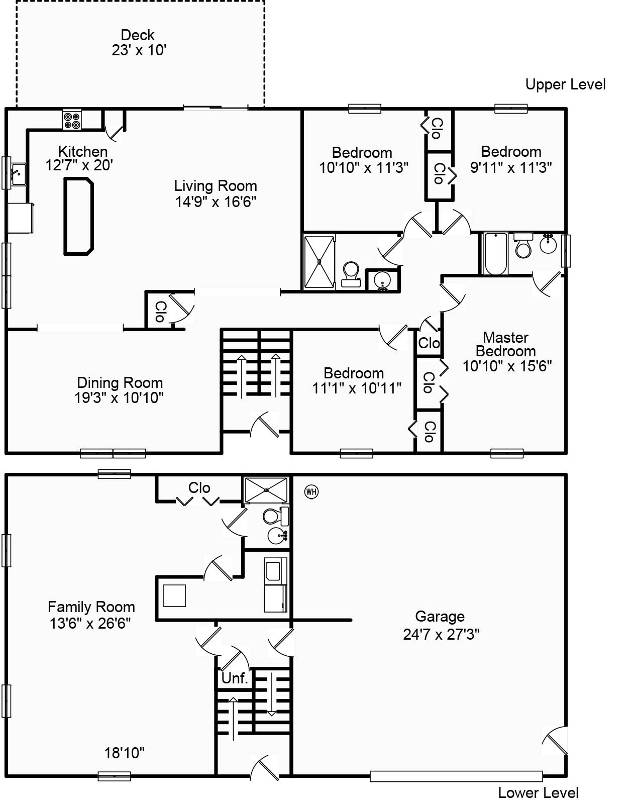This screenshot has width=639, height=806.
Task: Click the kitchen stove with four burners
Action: click(71, 120)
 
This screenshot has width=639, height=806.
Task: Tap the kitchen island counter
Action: click(78, 217)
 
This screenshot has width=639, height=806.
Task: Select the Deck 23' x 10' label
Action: click(138, 42)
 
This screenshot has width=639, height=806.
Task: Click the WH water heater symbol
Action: click(311, 492)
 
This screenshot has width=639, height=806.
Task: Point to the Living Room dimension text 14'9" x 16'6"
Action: click(216, 202)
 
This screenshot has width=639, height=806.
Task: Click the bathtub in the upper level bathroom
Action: click(495, 254)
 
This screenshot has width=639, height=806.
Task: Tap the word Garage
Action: click(440, 617)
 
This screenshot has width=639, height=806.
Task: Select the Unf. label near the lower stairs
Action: click(235, 678)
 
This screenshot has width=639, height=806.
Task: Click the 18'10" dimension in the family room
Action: click(124, 753)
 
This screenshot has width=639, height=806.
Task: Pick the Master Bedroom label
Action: click(506, 344)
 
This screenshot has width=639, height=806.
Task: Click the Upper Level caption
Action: click(565, 84)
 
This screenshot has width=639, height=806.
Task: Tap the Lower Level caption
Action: click(538, 793)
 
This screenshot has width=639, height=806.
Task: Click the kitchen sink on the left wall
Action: click(19, 174)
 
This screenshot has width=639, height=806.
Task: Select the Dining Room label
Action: click(120, 383)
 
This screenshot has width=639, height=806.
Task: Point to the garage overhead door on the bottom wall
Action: click(456, 776)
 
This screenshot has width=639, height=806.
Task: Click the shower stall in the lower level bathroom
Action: click(266, 490)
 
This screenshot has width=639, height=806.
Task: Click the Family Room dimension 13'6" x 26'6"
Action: click(90, 624)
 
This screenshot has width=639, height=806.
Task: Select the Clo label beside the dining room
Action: click(160, 312)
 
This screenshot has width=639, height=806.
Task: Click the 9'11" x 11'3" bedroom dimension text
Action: click(511, 168)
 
